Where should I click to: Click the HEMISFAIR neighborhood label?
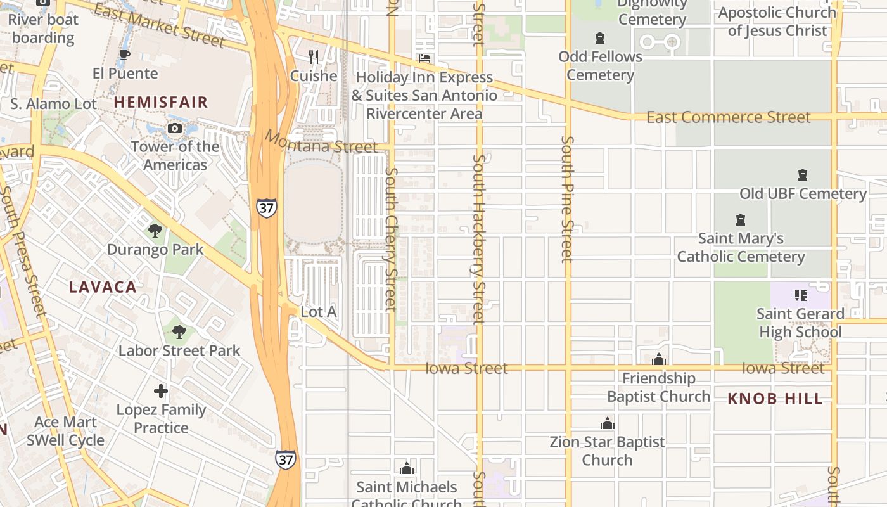point(161,102)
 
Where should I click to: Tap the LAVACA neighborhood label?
point(103,287)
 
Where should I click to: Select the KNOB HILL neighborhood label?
point(775,399)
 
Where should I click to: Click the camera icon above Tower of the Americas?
point(175,129)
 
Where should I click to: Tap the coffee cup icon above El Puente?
point(125,55)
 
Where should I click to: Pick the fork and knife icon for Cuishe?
point(314,57)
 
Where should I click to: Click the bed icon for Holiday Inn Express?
point(424,58)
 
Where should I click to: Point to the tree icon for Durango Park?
point(155,231)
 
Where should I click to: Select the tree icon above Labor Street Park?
point(179,331)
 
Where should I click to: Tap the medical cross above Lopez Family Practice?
point(161,391)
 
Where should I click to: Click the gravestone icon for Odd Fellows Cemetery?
point(600,38)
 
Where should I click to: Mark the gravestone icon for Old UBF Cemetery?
point(803,175)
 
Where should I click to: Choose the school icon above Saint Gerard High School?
point(801,295)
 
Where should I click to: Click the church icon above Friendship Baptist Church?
point(659,360)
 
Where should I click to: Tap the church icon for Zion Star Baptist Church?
point(608,423)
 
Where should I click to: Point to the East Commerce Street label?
point(728,117)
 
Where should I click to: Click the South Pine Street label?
point(567,198)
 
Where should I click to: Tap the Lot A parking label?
point(318,312)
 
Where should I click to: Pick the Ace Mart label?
point(66,422)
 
